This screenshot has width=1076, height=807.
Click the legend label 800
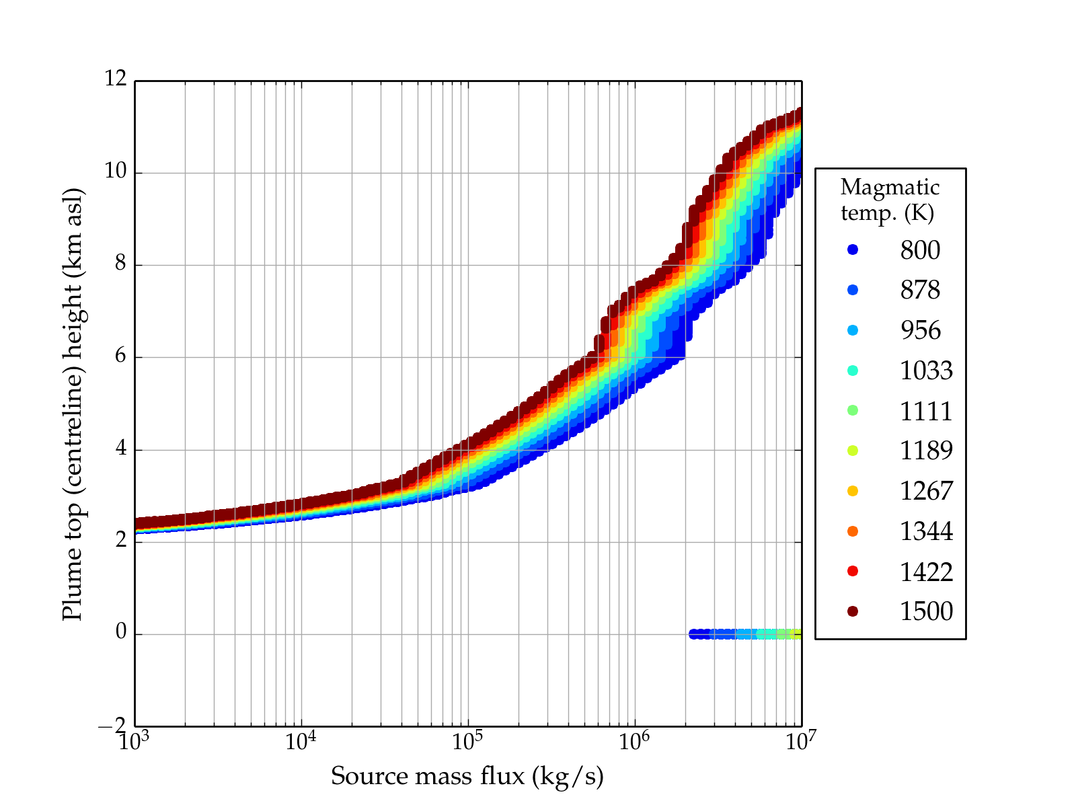(920, 250)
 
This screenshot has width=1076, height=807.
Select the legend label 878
(920, 290)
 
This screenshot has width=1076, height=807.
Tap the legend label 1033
(926, 371)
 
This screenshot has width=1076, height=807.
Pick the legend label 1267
(926, 491)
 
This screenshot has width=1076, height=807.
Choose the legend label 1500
(926, 611)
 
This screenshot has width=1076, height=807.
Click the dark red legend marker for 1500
(853, 611)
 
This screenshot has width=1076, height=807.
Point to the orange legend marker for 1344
(853, 531)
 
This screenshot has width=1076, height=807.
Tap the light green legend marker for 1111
(853, 411)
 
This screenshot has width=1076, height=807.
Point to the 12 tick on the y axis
(116, 79)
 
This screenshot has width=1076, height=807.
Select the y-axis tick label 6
(121, 356)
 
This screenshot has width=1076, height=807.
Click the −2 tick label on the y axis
(112, 726)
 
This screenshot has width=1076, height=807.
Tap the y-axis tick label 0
(121, 633)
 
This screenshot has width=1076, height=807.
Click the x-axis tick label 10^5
(468, 742)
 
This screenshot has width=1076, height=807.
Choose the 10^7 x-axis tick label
(801, 742)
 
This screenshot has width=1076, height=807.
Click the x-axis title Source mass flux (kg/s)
(467, 777)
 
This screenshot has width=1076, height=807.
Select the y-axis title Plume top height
(72, 403)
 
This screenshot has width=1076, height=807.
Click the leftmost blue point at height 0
(693, 634)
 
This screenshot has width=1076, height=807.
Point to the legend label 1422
(926, 572)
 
